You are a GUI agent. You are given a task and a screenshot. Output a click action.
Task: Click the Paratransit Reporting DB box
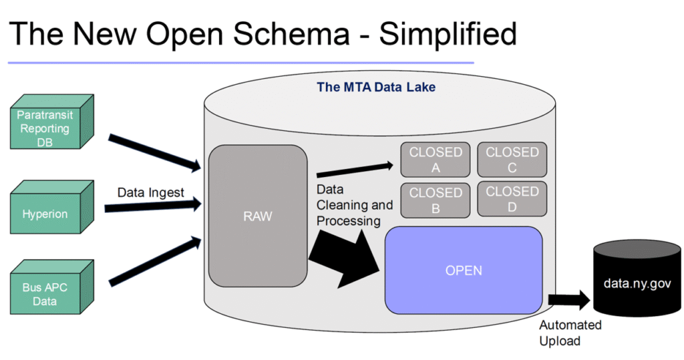coord(45,129)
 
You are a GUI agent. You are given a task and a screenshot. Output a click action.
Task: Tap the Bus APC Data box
coord(45,294)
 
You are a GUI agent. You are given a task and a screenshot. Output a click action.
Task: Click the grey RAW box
coord(258,216)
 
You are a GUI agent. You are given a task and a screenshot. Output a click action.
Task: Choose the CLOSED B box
coord(436,200)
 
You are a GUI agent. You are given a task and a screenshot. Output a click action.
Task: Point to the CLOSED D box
coord(512,199)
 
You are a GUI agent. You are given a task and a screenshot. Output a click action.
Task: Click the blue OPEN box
coord(464,271)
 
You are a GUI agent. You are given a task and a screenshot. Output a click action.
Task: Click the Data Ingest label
coord(151,192)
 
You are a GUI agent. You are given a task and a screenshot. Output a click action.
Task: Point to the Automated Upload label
coord(570,333)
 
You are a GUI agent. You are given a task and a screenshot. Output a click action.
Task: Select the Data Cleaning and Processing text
coord(354,204)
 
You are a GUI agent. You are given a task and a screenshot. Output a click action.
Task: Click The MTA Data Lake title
coord(376,87)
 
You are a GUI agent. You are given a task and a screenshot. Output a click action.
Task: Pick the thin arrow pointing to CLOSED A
coord(354,170)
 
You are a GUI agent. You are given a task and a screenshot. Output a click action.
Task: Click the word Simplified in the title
coord(448,33)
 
